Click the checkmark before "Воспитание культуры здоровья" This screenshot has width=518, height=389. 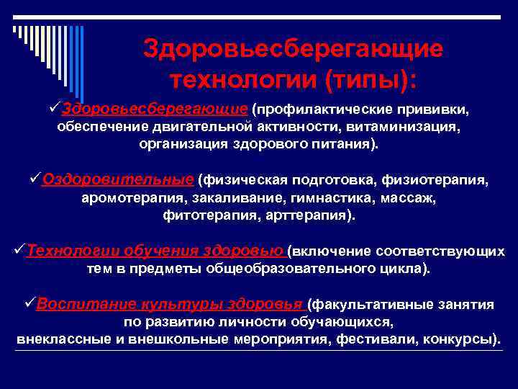29,303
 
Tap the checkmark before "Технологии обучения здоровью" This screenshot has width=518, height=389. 20,251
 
